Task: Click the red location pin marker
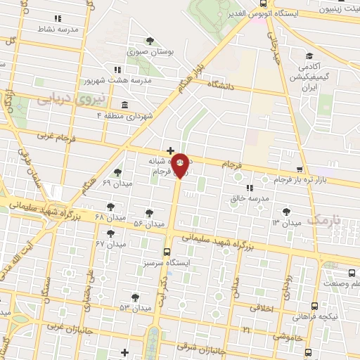[180, 165]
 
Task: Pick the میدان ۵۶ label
[148, 222]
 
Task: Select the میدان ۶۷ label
[110, 243]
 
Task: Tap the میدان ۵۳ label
[134, 308]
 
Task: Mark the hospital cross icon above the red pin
[170, 150]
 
